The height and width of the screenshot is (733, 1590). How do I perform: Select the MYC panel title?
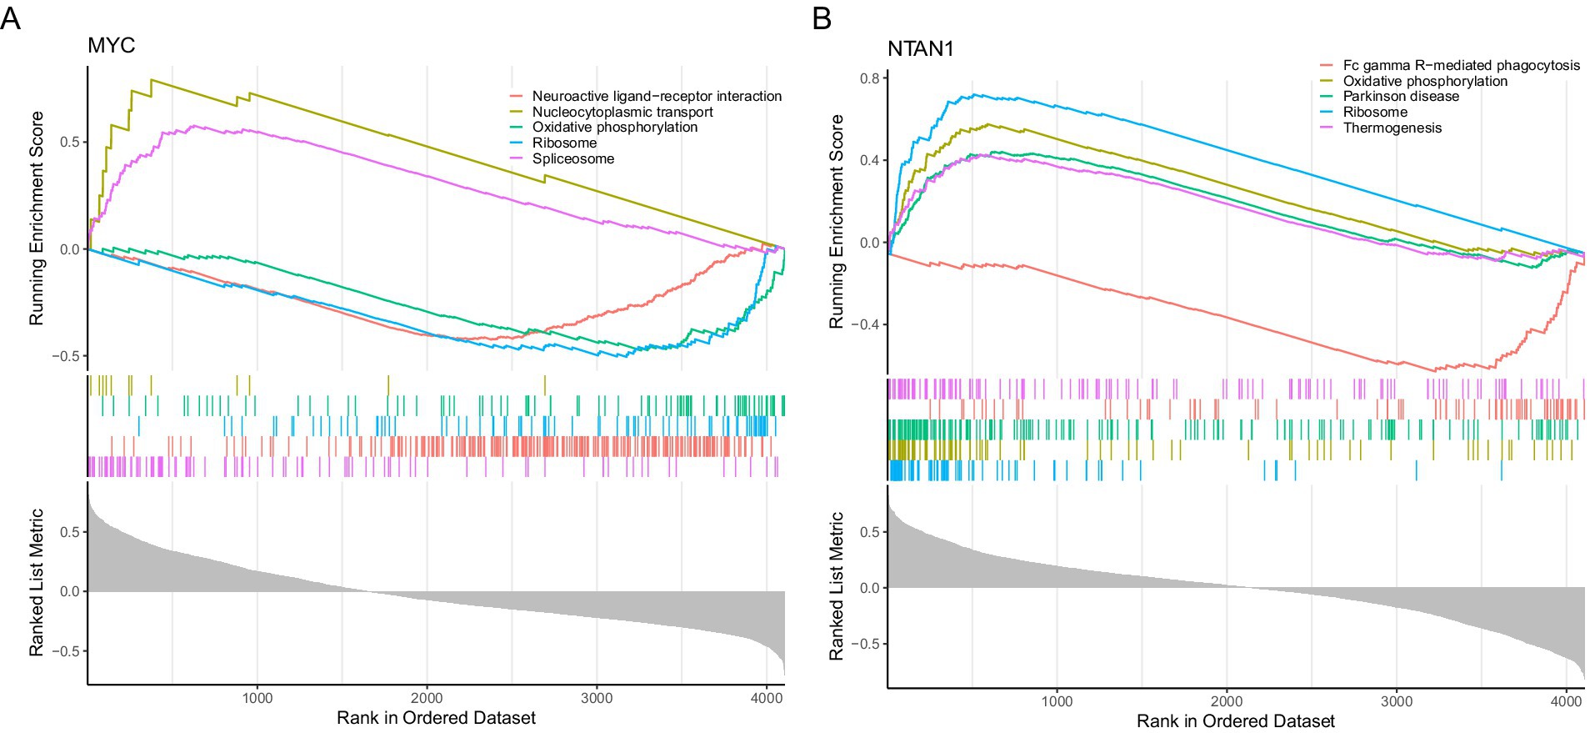[x=111, y=45]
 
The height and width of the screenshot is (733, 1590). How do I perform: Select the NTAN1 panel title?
[x=920, y=49]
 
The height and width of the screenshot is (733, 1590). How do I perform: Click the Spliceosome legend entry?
[x=572, y=158]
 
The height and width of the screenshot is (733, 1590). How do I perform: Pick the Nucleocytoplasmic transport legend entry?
[x=622, y=112]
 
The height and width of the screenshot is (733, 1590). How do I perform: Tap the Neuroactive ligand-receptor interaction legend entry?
[x=656, y=96]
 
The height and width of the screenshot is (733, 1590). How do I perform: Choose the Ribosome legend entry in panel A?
[x=564, y=143]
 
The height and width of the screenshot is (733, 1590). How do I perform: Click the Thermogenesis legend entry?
[x=1392, y=128]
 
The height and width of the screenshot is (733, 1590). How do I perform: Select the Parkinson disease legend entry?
[x=1401, y=96]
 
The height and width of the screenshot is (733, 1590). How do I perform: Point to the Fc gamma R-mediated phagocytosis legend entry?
[x=1461, y=65]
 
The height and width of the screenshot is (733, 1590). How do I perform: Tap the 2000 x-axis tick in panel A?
[x=427, y=698]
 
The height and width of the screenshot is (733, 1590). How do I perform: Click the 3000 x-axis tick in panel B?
[x=1396, y=701]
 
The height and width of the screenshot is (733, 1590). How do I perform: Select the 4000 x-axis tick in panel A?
[x=766, y=698]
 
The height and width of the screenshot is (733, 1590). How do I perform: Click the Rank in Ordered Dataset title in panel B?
[x=1235, y=720]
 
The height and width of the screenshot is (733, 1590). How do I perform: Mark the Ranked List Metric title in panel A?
[x=36, y=582]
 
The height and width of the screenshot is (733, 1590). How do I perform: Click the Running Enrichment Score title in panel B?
[x=836, y=221]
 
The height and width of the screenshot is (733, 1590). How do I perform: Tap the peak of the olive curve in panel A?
[x=152, y=80]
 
